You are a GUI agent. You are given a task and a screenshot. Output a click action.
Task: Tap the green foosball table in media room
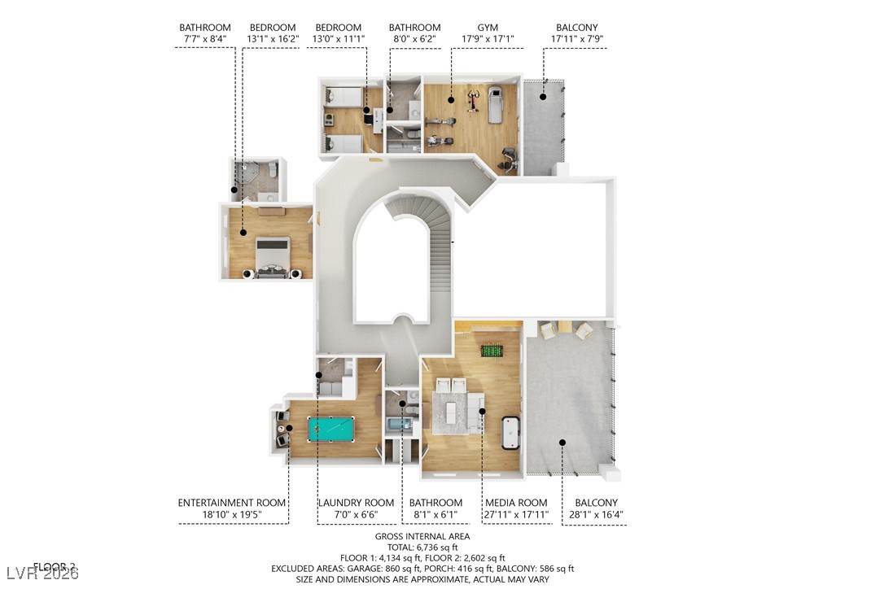click(x=491, y=351)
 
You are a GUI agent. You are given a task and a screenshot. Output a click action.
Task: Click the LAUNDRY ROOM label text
click(x=356, y=503)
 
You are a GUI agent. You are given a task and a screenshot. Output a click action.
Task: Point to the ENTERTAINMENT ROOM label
click(x=232, y=503)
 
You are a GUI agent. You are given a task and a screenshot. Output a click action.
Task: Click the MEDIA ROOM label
click(x=516, y=503)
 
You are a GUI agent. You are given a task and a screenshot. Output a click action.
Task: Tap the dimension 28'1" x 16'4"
click(x=596, y=516)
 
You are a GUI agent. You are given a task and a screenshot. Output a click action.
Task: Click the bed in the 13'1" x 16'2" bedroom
click(x=272, y=256)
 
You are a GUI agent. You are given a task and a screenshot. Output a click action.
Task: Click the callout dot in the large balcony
click(x=562, y=442)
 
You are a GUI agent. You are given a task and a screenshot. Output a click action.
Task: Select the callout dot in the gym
click(x=450, y=99)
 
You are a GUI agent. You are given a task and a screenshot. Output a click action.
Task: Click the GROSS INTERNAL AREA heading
click(x=422, y=537)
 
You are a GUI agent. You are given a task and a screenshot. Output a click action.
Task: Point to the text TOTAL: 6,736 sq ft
click(x=422, y=548)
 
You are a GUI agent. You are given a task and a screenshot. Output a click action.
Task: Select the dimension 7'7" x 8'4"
click(x=205, y=39)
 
